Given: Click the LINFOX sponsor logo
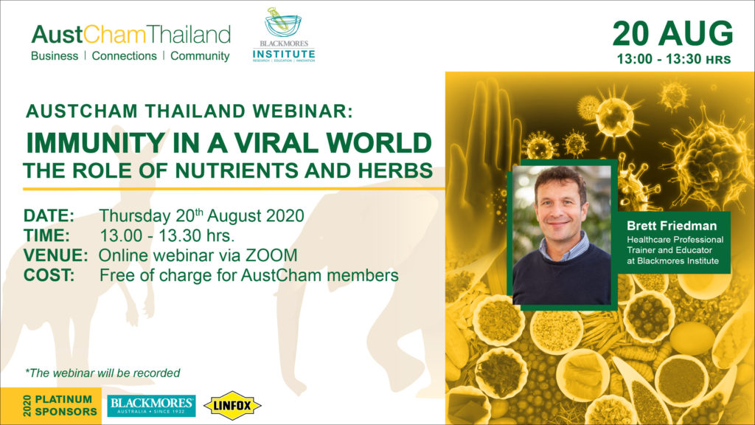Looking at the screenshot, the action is [x=232, y=406].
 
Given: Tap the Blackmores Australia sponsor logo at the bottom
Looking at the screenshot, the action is [x=151, y=406].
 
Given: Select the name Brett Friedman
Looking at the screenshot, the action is [x=671, y=226].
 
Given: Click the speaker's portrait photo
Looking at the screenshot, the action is [x=562, y=235].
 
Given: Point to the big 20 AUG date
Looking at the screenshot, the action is [x=672, y=34].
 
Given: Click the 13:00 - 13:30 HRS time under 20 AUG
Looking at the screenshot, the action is [x=674, y=59].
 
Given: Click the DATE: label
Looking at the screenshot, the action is [x=49, y=215].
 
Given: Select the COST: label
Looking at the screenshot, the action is [x=49, y=275].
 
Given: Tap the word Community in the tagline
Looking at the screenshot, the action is [x=200, y=56].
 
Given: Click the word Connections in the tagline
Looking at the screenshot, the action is [x=124, y=56].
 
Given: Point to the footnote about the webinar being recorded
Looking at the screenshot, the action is [x=102, y=373].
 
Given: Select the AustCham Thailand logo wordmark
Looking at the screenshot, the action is [x=131, y=35].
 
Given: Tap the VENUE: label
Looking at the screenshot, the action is [x=56, y=255].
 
